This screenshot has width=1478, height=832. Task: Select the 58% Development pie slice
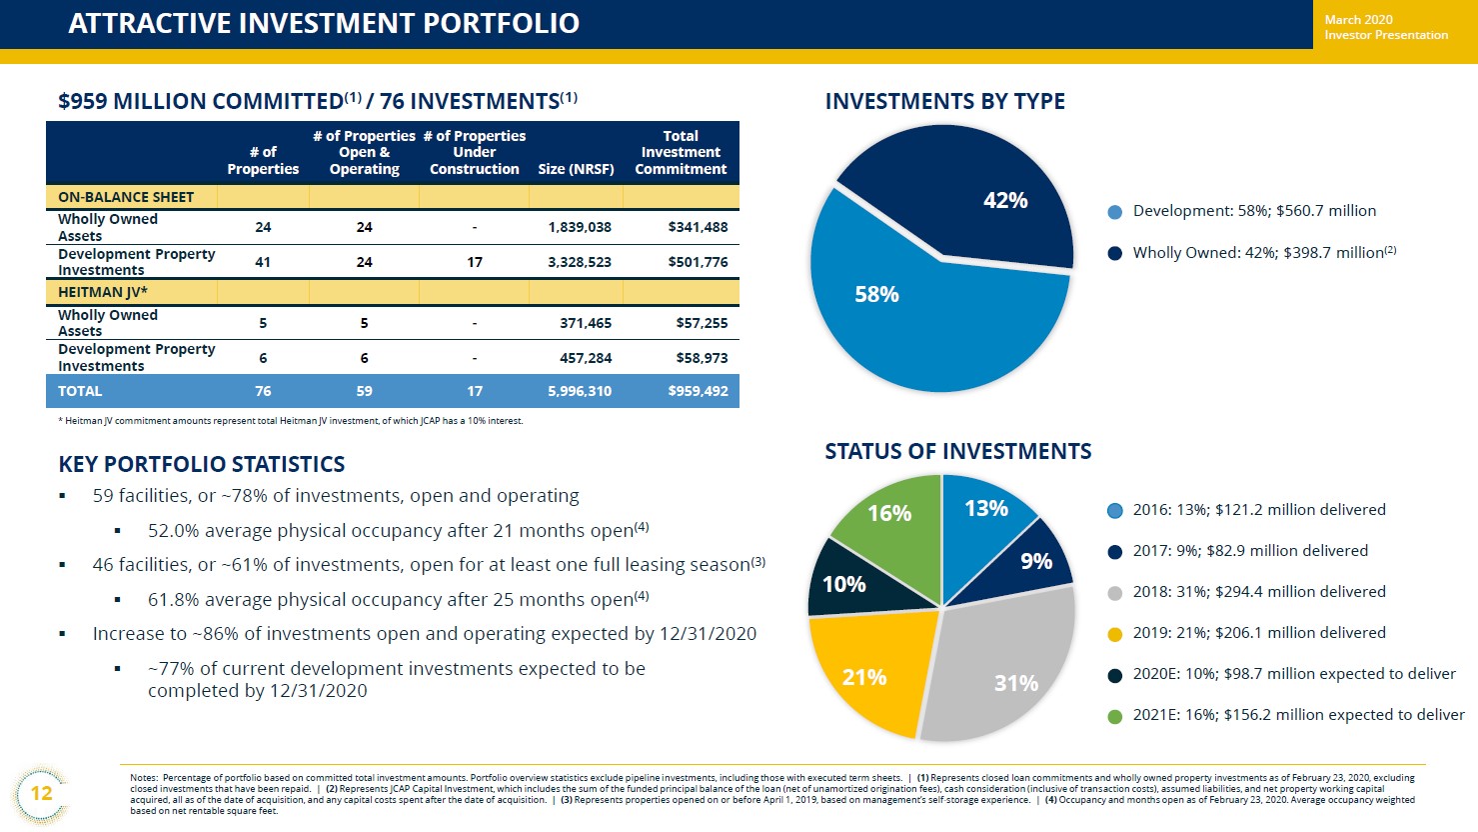[x=899, y=310]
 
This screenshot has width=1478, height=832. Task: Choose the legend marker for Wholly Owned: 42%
[x=1115, y=253]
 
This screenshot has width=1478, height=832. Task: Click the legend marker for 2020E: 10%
[x=1115, y=675]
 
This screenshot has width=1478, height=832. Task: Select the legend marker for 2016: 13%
[x=1115, y=511]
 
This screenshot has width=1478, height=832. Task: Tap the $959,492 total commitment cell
[x=698, y=391]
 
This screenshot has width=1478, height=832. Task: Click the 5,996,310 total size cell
[x=580, y=391]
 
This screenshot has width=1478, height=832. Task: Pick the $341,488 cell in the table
[x=698, y=227]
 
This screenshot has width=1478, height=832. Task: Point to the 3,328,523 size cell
[x=580, y=262]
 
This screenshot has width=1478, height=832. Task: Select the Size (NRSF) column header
[x=576, y=169]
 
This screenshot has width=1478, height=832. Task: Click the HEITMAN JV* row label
[x=103, y=292]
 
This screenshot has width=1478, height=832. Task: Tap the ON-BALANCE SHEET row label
[x=126, y=197]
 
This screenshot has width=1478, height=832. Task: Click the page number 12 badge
[x=41, y=794]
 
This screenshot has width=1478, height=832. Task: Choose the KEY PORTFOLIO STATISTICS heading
[x=202, y=464]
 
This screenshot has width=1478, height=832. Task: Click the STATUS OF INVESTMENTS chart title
[x=957, y=452]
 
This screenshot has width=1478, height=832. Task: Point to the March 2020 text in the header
[x=1358, y=20]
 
